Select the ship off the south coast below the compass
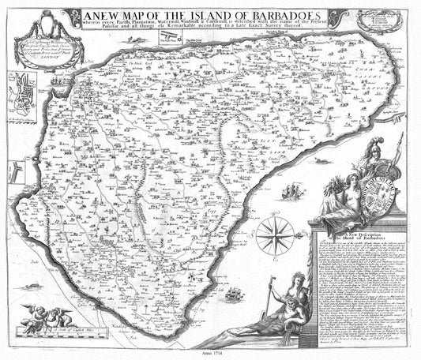(234, 294)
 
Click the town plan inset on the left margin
(23, 94)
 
